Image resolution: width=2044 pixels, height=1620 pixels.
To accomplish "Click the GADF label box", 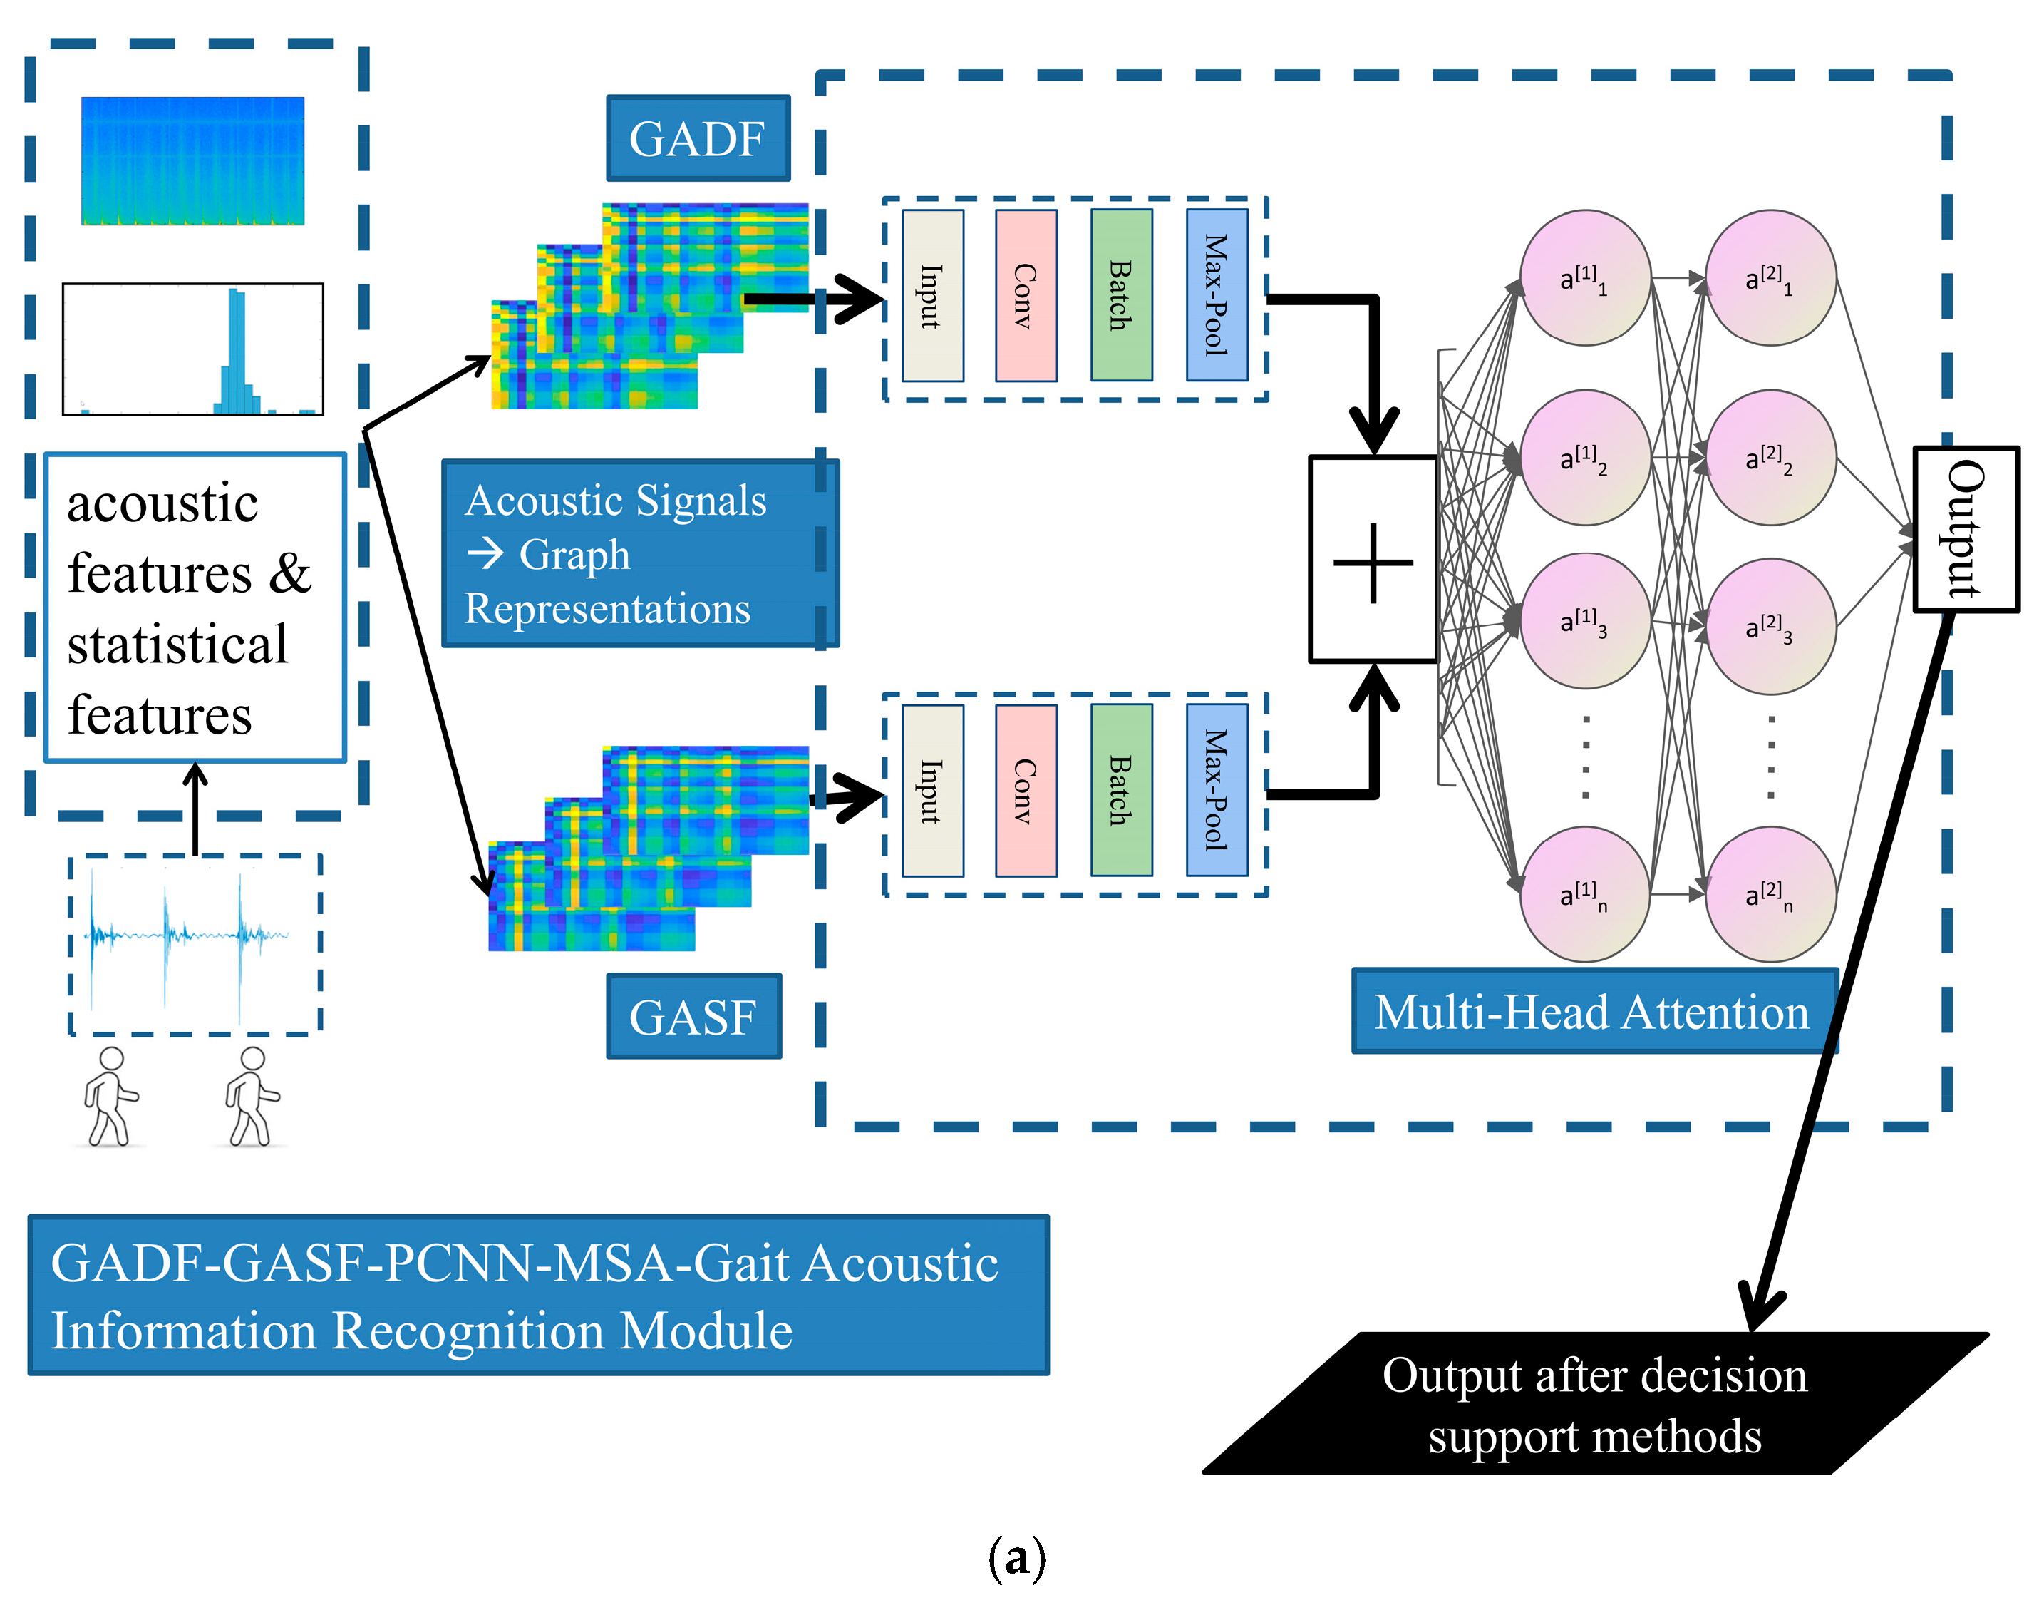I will tap(698, 138).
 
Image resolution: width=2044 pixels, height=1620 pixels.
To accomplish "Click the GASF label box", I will tap(694, 1017).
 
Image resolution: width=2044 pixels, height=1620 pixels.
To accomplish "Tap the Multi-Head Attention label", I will tap(1594, 1012).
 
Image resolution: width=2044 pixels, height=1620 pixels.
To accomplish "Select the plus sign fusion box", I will tap(1373, 560).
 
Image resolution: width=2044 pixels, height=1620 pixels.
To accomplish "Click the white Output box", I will tap(1966, 529).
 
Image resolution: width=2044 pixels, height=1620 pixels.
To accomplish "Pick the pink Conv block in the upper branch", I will tap(1026, 296).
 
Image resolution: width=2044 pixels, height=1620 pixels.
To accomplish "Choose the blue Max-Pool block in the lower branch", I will tap(1217, 790).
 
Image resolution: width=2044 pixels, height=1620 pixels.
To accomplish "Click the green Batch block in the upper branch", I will tap(1122, 296).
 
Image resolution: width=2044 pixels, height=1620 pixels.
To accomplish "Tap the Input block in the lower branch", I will tap(933, 790).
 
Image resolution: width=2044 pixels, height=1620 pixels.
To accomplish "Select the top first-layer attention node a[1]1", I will tap(1585, 278).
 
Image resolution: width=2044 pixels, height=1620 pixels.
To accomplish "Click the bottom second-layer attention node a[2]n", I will tap(1770, 894).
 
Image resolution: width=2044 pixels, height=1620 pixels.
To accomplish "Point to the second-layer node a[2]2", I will tap(1770, 458).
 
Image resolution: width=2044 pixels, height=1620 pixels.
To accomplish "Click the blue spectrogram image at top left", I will tap(192, 160).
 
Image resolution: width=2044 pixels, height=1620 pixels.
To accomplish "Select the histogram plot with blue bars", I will tap(192, 349).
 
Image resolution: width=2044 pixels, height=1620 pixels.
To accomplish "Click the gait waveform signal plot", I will tap(195, 945).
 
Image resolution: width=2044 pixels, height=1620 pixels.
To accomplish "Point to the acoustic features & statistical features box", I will tap(195, 607).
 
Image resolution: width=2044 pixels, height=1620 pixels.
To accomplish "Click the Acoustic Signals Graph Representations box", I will tap(640, 554).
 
